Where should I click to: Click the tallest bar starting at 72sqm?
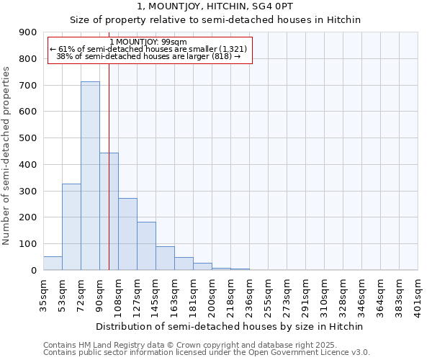[x=90, y=176]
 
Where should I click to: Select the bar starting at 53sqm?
[x=71, y=227]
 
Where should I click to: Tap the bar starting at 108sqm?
[x=127, y=234]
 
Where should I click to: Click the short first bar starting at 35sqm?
[x=53, y=264]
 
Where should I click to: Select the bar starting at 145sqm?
[x=165, y=258]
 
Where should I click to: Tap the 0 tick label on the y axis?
[x=33, y=271]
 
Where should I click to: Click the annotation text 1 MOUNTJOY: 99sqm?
[x=149, y=42]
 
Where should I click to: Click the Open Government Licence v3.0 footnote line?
[x=207, y=353]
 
